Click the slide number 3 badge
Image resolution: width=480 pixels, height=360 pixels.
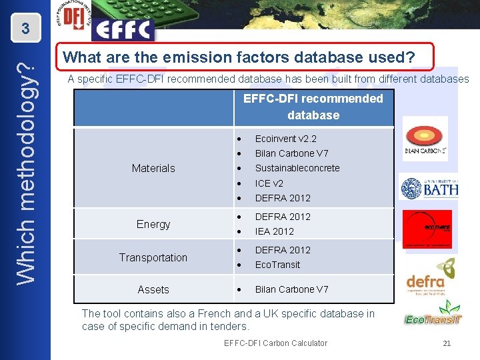[x=25, y=29]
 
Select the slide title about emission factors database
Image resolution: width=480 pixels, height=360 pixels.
[x=239, y=58]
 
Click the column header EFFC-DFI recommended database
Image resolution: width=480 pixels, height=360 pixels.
[x=313, y=107]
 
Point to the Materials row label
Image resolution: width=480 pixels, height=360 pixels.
[x=153, y=169]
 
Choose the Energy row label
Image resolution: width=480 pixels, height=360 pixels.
[x=153, y=224]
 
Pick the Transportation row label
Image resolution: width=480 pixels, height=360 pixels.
[x=153, y=257]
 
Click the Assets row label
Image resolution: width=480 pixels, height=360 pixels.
[x=153, y=289]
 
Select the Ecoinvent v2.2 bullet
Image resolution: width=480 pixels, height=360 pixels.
[x=285, y=139]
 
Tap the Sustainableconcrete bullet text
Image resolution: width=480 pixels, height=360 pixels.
[x=297, y=168]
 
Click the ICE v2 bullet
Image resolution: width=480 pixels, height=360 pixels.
[x=269, y=183]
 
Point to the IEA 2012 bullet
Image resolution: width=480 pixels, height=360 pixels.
[x=274, y=231]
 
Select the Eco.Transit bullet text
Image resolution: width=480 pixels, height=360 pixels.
[x=277, y=265]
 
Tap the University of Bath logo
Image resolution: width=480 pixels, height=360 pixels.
[x=429, y=187]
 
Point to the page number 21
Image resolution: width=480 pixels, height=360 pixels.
[x=447, y=343]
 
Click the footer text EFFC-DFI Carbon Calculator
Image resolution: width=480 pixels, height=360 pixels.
[x=275, y=343]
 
